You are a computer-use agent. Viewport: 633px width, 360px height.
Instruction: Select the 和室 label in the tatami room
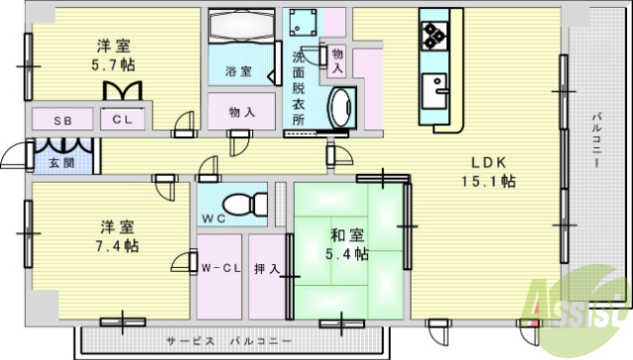345,234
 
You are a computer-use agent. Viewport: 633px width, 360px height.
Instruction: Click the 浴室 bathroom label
237,72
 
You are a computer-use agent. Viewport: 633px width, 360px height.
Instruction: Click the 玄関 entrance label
48,163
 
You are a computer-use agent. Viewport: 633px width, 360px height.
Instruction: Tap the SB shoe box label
62,121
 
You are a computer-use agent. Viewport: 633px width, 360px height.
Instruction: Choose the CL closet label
124,121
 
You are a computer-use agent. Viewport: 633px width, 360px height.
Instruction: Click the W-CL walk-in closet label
218,268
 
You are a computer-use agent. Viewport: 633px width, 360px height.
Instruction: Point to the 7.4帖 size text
117,244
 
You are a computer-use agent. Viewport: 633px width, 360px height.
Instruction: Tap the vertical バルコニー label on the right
596,143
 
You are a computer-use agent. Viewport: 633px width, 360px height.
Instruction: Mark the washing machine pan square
302,26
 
